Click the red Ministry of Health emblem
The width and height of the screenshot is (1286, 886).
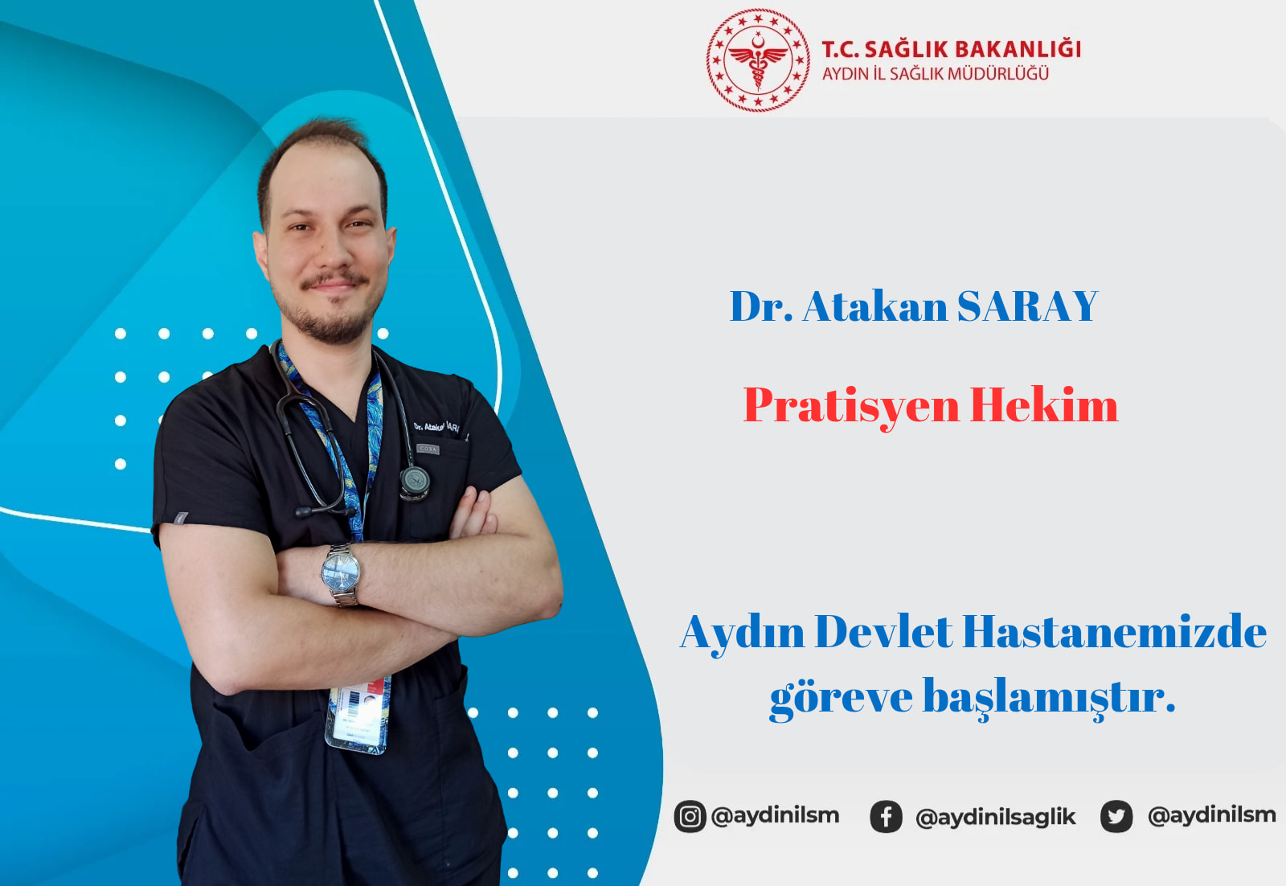click(x=758, y=59)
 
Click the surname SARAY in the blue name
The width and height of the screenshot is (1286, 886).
click(x=1028, y=306)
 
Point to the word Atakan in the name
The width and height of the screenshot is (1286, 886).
click(x=875, y=306)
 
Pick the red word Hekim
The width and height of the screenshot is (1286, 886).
click(x=1044, y=405)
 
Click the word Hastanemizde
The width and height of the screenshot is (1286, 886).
click(x=1115, y=632)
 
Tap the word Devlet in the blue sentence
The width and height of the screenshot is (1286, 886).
click(x=883, y=632)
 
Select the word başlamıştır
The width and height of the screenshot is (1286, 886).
click(x=1049, y=698)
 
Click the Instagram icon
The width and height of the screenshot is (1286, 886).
click(x=690, y=816)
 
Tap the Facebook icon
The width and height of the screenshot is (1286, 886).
click(x=886, y=817)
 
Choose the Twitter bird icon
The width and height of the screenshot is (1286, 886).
click(x=1116, y=816)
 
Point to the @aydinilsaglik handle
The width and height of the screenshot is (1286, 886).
click(x=996, y=817)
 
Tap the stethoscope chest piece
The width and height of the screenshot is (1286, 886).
click(x=415, y=481)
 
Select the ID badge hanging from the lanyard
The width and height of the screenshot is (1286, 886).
click(x=358, y=716)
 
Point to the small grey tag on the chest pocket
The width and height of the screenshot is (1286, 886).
click(x=428, y=449)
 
